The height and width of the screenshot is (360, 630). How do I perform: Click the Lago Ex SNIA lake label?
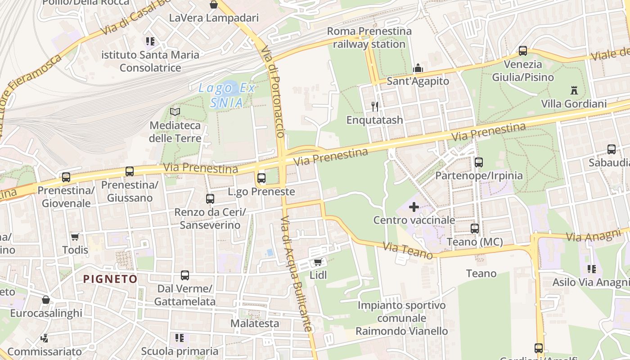[x=227, y=95]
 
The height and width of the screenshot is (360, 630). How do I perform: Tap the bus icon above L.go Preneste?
[x=261, y=178]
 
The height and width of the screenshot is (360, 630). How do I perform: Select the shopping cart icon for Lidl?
[x=318, y=262]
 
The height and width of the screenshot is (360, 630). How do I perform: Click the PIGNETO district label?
[x=110, y=279]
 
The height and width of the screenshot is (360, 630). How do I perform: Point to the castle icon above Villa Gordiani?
[x=574, y=90]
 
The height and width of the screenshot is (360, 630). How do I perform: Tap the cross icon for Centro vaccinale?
[x=414, y=207]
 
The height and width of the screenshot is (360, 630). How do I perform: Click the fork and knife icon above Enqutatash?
[x=375, y=106]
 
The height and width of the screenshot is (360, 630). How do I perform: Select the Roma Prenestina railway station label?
[x=369, y=37]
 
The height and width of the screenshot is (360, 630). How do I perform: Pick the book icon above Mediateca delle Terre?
[x=175, y=112]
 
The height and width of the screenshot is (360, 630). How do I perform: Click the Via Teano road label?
[x=408, y=251]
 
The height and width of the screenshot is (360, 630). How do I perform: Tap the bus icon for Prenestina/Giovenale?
[x=66, y=177]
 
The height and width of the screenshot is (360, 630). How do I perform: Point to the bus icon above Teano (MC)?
[x=475, y=229]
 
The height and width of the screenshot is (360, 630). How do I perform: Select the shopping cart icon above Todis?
[x=75, y=237]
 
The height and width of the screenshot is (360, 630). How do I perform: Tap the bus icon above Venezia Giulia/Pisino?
[x=522, y=51]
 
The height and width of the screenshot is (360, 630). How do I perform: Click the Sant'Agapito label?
[x=418, y=81]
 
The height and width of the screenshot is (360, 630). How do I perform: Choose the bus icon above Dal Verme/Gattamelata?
[x=184, y=275]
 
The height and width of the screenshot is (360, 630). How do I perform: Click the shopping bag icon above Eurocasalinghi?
[x=45, y=300]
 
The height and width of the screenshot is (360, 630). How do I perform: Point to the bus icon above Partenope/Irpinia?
[x=479, y=162]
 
